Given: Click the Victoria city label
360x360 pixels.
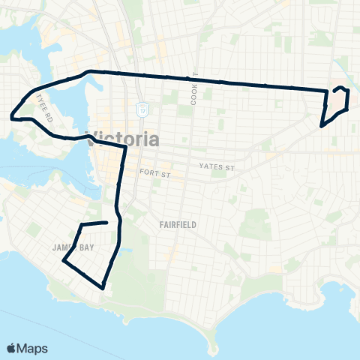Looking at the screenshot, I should point(124,139).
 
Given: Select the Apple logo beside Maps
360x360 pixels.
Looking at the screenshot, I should point(12,348).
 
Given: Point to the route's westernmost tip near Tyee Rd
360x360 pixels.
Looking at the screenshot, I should point(11,117).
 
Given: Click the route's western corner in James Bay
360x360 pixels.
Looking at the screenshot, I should point(63,262).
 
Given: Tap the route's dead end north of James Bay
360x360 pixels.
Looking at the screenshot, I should point(118,222).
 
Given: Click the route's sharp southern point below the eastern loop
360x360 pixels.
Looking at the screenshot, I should point(321,125).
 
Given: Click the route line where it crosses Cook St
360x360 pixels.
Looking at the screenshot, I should point(193,78).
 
